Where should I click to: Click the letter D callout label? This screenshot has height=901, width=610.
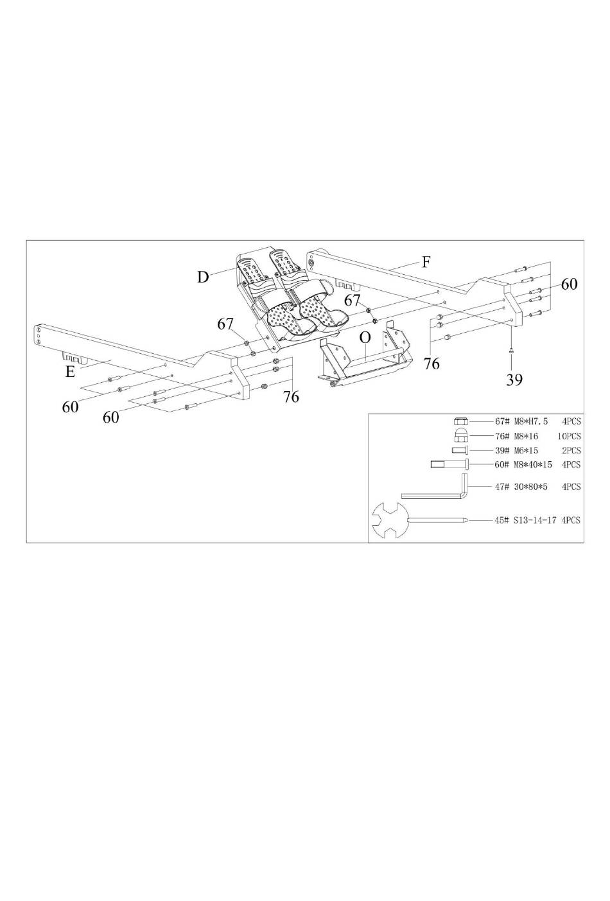[203, 277]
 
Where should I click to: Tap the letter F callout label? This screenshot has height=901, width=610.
[426, 263]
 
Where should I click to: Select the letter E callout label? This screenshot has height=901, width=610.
[70, 372]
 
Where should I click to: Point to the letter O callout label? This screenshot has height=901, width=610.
[365, 337]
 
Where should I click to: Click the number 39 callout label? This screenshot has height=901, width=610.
[514, 380]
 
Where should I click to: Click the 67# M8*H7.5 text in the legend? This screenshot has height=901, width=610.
[521, 421]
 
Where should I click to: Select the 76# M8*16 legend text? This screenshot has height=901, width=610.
[516, 436]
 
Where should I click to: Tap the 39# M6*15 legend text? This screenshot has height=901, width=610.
[516, 451]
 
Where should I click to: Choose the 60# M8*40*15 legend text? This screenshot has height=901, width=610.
[523, 464]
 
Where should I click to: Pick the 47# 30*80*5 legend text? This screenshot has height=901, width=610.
[521, 487]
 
